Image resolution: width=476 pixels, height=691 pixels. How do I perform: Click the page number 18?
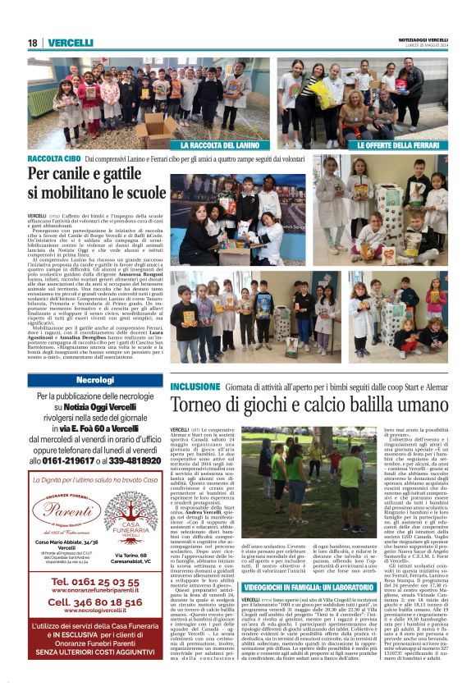click(32, 43)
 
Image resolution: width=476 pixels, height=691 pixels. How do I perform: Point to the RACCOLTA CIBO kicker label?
click(53, 157)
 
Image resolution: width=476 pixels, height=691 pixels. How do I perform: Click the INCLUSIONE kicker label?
click(195, 386)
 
